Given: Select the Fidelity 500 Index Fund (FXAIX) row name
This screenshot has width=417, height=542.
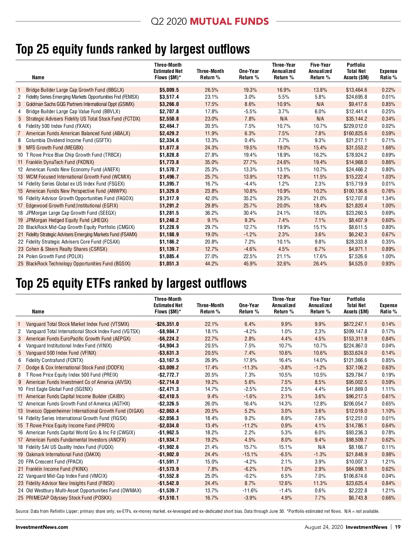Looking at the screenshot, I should (58, 126).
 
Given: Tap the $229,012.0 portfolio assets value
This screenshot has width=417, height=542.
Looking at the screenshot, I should (355, 126).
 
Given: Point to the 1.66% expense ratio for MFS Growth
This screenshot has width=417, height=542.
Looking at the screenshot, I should (388, 148).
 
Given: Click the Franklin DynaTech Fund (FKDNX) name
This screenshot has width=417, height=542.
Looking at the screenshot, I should (60, 162).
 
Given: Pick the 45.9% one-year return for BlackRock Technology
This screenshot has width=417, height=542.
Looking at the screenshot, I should (250, 264).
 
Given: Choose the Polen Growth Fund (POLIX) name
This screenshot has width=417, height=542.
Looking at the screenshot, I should (55, 256).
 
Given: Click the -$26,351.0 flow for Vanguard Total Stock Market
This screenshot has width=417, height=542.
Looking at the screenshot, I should (167, 324).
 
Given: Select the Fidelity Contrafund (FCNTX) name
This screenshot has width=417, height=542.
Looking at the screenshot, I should (55, 360).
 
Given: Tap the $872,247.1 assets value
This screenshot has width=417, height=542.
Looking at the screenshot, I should (355, 324).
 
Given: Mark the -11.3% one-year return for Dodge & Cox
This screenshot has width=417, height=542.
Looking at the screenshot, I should (250, 368).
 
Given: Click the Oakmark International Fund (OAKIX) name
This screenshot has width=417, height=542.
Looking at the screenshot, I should (63, 454).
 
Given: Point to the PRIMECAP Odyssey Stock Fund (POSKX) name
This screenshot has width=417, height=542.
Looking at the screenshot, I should (69, 498).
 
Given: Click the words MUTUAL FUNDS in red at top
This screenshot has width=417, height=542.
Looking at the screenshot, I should (229, 22).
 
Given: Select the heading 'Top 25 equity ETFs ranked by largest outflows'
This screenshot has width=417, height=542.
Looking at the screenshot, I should (131, 284).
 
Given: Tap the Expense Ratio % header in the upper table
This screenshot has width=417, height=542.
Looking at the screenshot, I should (388, 74).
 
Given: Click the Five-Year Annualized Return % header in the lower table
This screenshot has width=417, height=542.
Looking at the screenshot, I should (320, 305).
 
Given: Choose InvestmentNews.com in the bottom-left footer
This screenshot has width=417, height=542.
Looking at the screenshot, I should (42, 527).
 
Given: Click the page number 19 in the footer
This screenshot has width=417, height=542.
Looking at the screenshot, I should (398, 527).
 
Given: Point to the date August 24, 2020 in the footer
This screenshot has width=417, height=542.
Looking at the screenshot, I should (323, 527).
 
